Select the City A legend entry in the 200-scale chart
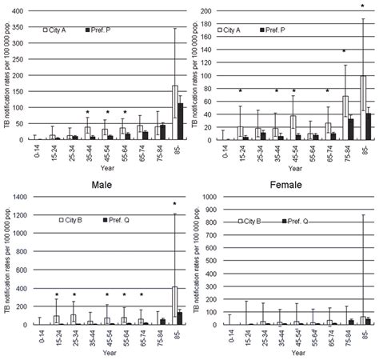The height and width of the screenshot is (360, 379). [x=230, y=30]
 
